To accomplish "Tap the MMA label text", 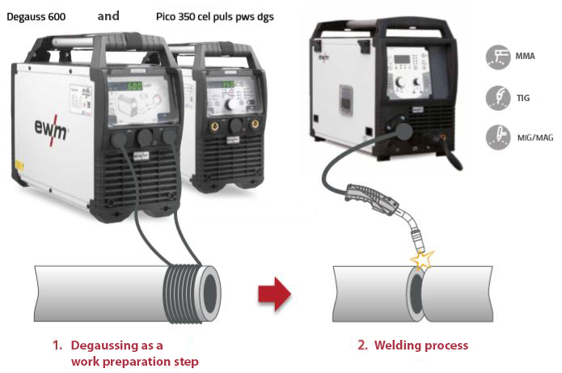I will coord(525,57).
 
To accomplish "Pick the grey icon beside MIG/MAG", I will coord(497,137).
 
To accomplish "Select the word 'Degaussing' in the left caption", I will coord(100,345).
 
